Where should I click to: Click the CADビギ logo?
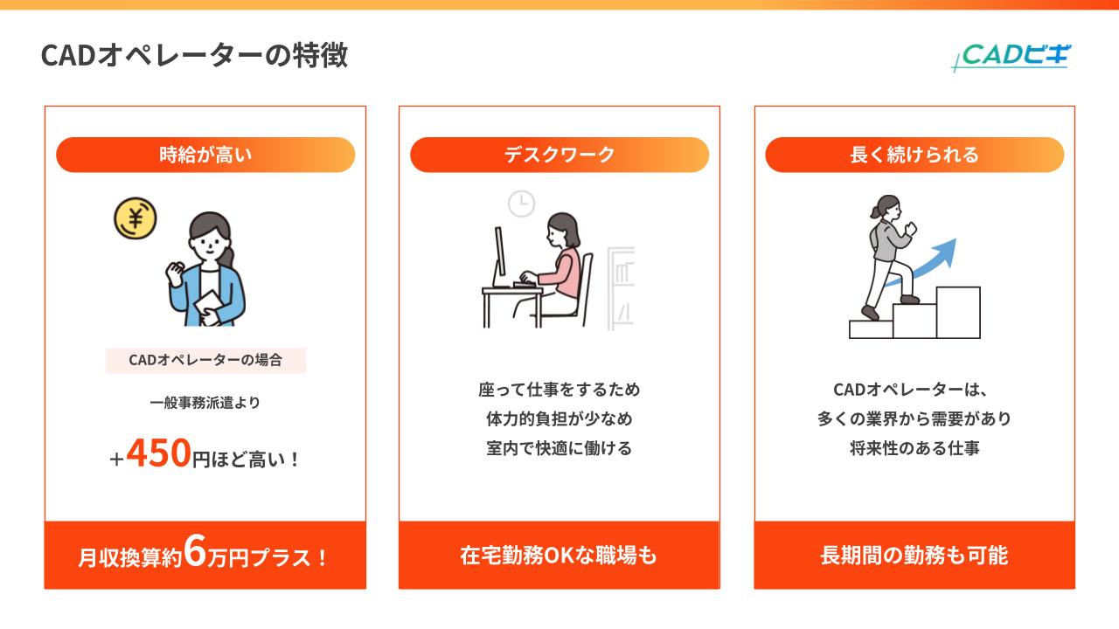click(x=1010, y=56)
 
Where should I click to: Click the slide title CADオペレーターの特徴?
click(x=194, y=55)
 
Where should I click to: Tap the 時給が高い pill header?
click(x=205, y=155)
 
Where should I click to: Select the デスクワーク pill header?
click(x=559, y=155)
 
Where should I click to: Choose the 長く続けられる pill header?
click(x=914, y=155)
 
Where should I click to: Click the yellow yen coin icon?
click(x=136, y=220)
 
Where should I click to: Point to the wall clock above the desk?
click(x=522, y=204)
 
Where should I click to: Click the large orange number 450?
click(x=159, y=453)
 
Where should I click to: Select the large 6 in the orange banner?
click(x=195, y=553)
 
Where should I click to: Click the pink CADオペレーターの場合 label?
click(x=205, y=360)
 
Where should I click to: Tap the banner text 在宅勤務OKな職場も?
click(x=559, y=556)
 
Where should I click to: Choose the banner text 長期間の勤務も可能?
click(x=914, y=556)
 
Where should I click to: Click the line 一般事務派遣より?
click(x=205, y=403)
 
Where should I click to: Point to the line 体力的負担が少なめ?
click(x=559, y=418)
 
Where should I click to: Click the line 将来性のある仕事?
click(x=914, y=448)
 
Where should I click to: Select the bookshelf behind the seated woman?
click(x=621, y=288)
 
